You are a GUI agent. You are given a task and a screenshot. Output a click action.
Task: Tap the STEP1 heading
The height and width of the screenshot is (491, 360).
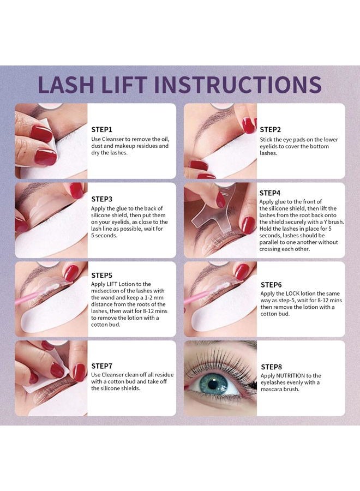102,130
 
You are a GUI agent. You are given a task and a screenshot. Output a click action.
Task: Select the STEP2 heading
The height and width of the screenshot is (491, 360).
270,129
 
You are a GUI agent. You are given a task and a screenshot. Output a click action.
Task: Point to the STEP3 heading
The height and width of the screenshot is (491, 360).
102,199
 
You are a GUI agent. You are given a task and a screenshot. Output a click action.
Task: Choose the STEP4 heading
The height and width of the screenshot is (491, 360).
270,193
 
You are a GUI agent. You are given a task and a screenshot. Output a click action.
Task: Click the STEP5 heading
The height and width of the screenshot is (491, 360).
102,275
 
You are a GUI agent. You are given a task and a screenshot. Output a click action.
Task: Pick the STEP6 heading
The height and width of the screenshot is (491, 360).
271,284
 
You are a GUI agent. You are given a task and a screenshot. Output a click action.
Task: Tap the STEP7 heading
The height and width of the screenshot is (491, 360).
102,366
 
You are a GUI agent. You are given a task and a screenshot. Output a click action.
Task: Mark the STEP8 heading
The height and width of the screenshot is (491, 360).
271,367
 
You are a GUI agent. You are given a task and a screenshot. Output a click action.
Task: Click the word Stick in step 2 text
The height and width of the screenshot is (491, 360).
267,140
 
